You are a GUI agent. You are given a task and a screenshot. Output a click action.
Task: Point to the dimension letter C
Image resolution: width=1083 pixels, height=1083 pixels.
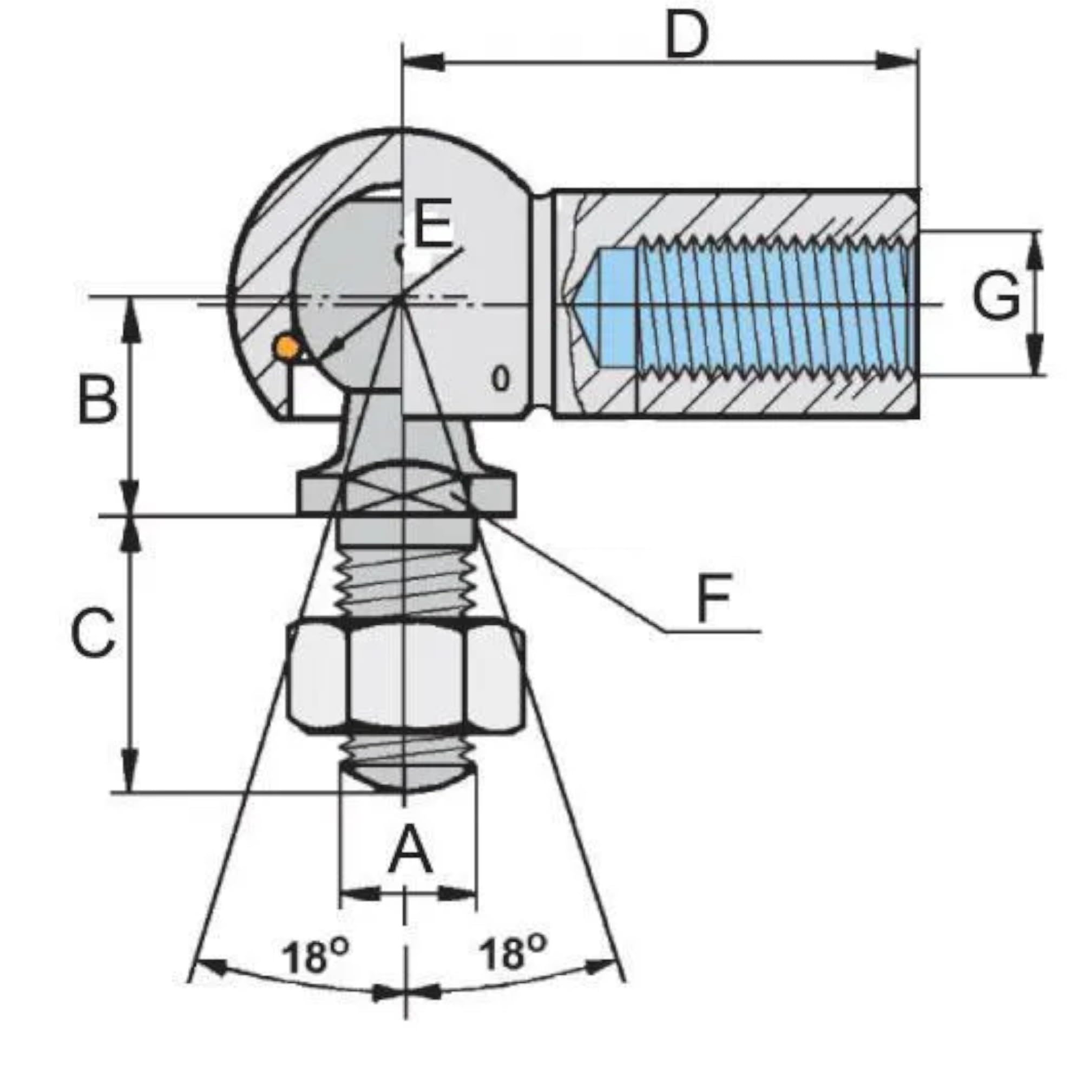click(94, 634)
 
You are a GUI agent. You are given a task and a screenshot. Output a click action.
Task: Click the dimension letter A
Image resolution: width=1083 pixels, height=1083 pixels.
click(411, 853)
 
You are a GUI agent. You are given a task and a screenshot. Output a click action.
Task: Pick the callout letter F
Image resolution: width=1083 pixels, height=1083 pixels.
click(713, 598)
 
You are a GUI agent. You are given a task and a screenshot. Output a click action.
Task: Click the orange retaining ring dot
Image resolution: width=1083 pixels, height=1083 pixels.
click(286, 348)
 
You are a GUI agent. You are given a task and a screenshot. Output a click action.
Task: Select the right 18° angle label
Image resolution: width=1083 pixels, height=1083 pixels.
click(512, 954)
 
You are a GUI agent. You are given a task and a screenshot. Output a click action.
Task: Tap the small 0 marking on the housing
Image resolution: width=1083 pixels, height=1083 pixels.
click(501, 380)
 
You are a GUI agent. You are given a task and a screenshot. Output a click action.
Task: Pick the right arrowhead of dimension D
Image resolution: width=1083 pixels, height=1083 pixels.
click(897, 62)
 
